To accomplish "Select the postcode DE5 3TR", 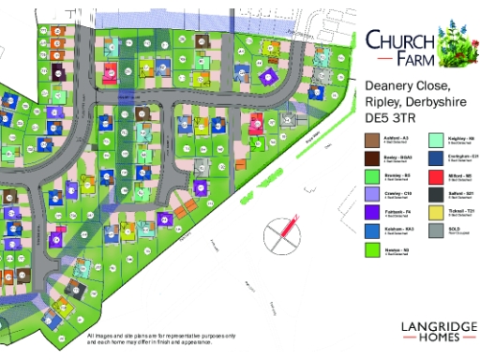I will click(389, 119).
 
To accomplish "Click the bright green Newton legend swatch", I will click(371, 248).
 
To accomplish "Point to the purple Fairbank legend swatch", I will click(371, 212).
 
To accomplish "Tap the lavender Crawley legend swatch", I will click(371, 194).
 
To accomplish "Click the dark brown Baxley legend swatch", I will click(371, 157).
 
